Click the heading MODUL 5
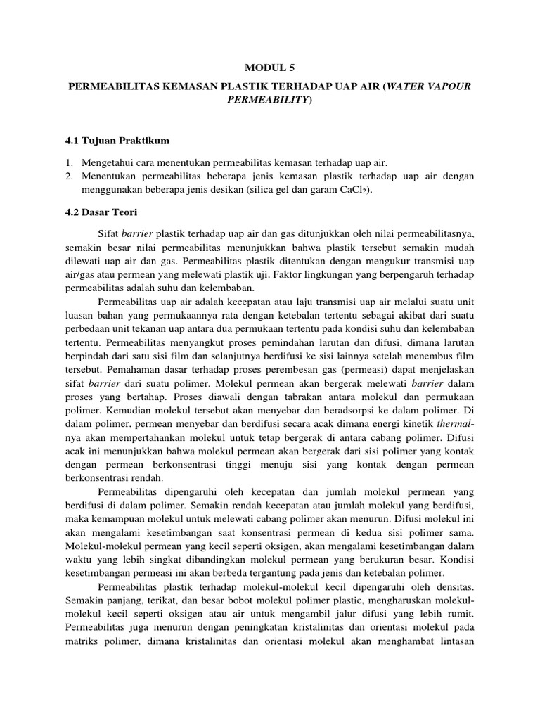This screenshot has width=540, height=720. pos(270,68)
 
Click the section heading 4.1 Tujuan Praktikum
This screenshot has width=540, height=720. pos(117,141)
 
